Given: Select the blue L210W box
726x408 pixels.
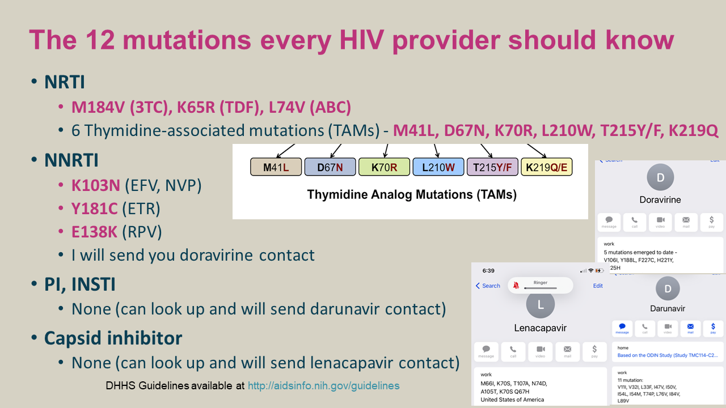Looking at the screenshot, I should pos(438,167).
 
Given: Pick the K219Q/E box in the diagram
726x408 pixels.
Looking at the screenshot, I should pos(547,167).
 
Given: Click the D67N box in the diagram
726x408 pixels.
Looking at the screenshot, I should pos(330,167).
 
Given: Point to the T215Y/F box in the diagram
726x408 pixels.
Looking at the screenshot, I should pos(492,167).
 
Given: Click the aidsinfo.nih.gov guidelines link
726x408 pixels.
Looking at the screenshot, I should pos(323,386).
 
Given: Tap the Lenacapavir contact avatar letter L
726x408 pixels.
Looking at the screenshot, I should pos(540,305).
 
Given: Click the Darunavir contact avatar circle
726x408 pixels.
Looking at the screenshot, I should pos(668,289).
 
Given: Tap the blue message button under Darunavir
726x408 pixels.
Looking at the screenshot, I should pos(622,329).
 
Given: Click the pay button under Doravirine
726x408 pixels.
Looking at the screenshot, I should pos(712,222).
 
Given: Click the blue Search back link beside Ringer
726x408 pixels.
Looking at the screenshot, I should pos(488,286).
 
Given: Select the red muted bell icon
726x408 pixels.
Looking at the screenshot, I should pos(516,286).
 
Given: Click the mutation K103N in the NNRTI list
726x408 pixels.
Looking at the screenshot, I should pos(95,185).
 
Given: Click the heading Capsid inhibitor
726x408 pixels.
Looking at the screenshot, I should pos(113,338).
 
